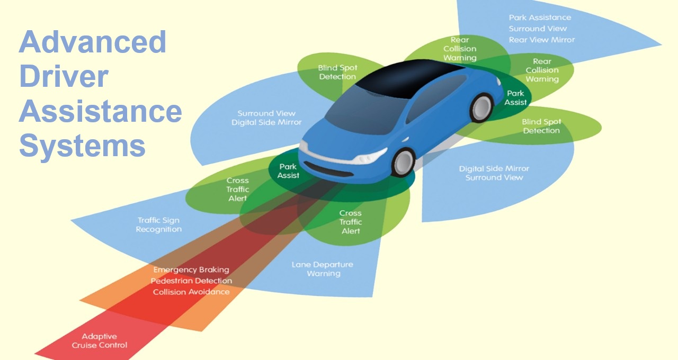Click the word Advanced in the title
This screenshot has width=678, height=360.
[x=93, y=42]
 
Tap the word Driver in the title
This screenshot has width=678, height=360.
[x=64, y=77]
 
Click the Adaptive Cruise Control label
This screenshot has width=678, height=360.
[x=100, y=341]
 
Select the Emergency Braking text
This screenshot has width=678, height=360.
[x=191, y=270]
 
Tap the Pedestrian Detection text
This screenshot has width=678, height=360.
[x=191, y=281]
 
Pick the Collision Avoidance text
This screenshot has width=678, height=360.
[x=191, y=292]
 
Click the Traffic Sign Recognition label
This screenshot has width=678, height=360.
[x=159, y=225]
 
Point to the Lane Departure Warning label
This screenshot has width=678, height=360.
[x=323, y=269]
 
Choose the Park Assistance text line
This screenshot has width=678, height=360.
[x=540, y=17]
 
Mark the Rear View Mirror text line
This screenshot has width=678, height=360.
[x=541, y=40]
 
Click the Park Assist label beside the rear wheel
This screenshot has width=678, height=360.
[x=515, y=98]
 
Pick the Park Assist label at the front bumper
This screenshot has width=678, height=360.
[x=289, y=171]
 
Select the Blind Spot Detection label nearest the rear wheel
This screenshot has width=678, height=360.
[x=541, y=126]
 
